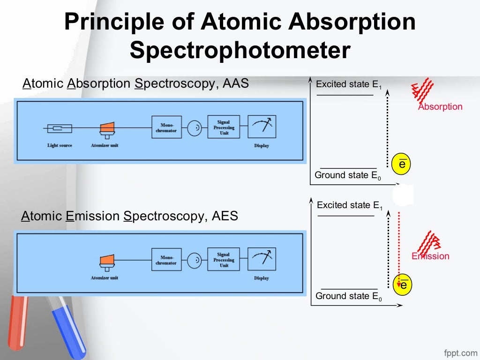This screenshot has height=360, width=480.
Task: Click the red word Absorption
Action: pyautogui.click(x=440, y=106)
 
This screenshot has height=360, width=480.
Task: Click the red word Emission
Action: pyautogui.click(x=430, y=256)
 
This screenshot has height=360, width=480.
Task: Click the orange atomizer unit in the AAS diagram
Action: pyautogui.click(x=107, y=127)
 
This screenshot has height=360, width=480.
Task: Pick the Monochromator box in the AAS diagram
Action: pyautogui.click(x=166, y=127)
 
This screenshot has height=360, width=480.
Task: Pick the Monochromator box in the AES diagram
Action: pyautogui.click(x=166, y=260)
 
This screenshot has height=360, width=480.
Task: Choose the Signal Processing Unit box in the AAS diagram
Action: pyautogui.click(x=224, y=127)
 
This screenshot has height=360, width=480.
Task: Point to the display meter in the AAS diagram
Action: pyautogui.click(x=262, y=127)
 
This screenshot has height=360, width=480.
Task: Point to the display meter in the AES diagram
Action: pyautogui.click(x=262, y=259)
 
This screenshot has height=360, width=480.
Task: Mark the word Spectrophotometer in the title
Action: pyautogui.click(x=240, y=50)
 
